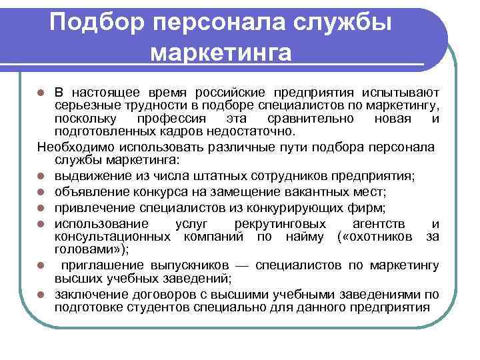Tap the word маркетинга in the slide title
(x=221, y=53)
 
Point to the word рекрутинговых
(x=280, y=223)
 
